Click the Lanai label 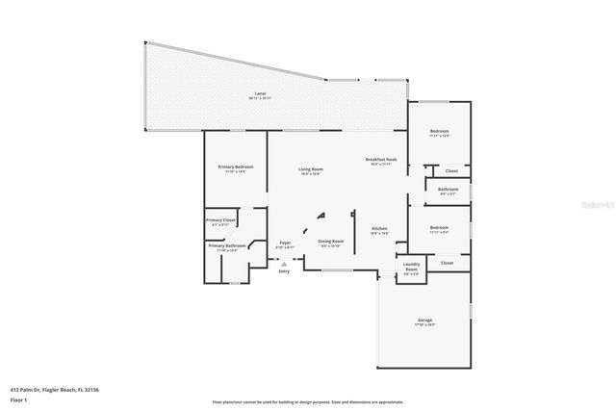(261, 93)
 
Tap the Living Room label (311, 169)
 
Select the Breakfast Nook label (381, 160)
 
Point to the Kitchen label (379, 229)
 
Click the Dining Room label (331, 242)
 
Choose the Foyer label (285, 243)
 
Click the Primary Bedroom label (235, 167)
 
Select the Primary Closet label (220, 220)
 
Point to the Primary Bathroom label (227, 245)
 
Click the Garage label (424, 320)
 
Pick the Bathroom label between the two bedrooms (448, 190)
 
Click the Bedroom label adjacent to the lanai (439, 131)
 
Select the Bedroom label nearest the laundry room (439, 228)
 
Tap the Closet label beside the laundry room (447, 262)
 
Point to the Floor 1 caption (19, 397)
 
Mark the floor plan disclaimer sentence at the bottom (307, 402)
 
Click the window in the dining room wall (336, 270)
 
